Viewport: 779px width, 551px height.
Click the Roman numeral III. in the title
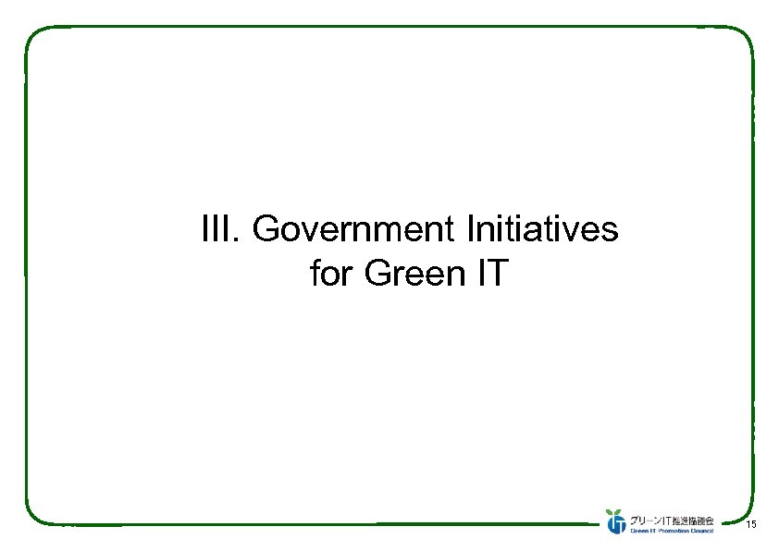tap(219, 228)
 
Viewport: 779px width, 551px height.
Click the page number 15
tap(750, 525)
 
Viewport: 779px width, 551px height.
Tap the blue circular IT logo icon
tap(616, 523)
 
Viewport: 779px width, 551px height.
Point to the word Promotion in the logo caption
tap(673, 530)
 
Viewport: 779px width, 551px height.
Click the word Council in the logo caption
tap(701, 530)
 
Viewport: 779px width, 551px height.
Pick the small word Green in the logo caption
tap(640, 530)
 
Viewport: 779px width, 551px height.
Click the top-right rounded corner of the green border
tap(745, 35)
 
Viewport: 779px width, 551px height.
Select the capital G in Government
tap(264, 228)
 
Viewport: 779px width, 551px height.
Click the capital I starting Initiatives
tap(475, 228)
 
